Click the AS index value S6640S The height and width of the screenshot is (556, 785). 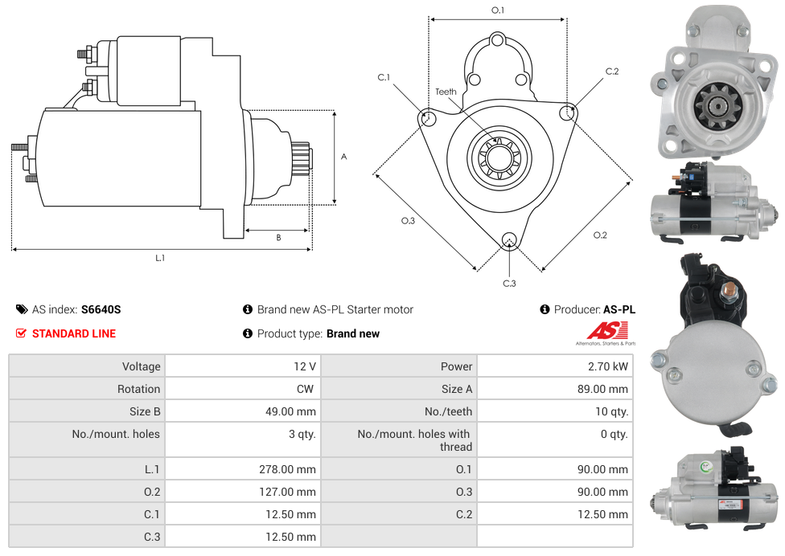[101, 309]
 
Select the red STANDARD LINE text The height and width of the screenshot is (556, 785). [74, 333]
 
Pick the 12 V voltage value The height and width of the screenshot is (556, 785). [304, 366]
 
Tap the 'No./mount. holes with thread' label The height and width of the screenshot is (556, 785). [414, 440]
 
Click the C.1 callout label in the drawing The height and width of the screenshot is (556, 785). [384, 78]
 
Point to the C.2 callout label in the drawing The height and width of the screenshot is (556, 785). [612, 72]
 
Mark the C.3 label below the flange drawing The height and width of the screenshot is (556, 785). [509, 283]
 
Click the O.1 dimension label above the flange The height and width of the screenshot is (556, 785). [498, 10]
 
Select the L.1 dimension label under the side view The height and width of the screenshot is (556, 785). [160, 258]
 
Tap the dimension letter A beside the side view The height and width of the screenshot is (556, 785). [343, 157]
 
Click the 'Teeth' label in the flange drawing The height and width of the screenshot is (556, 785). [446, 92]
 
